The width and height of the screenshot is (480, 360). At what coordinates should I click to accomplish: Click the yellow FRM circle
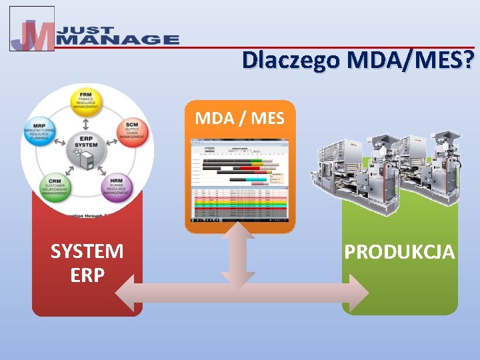pyautogui.click(x=87, y=100)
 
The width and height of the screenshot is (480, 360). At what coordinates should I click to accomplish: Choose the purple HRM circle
pyautogui.click(x=116, y=187)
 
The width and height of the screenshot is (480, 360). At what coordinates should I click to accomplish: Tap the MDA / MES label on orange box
pyautogui.click(x=239, y=119)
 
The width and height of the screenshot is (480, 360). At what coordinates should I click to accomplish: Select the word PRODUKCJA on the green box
pyautogui.click(x=399, y=252)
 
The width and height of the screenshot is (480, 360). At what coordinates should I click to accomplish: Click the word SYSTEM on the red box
pyautogui.click(x=87, y=251)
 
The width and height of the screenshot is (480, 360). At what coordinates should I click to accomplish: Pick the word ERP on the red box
pyautogui.click(x=87, y=275)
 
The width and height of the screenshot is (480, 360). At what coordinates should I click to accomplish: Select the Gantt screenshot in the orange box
pyautogui.click(x=239, y=180)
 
